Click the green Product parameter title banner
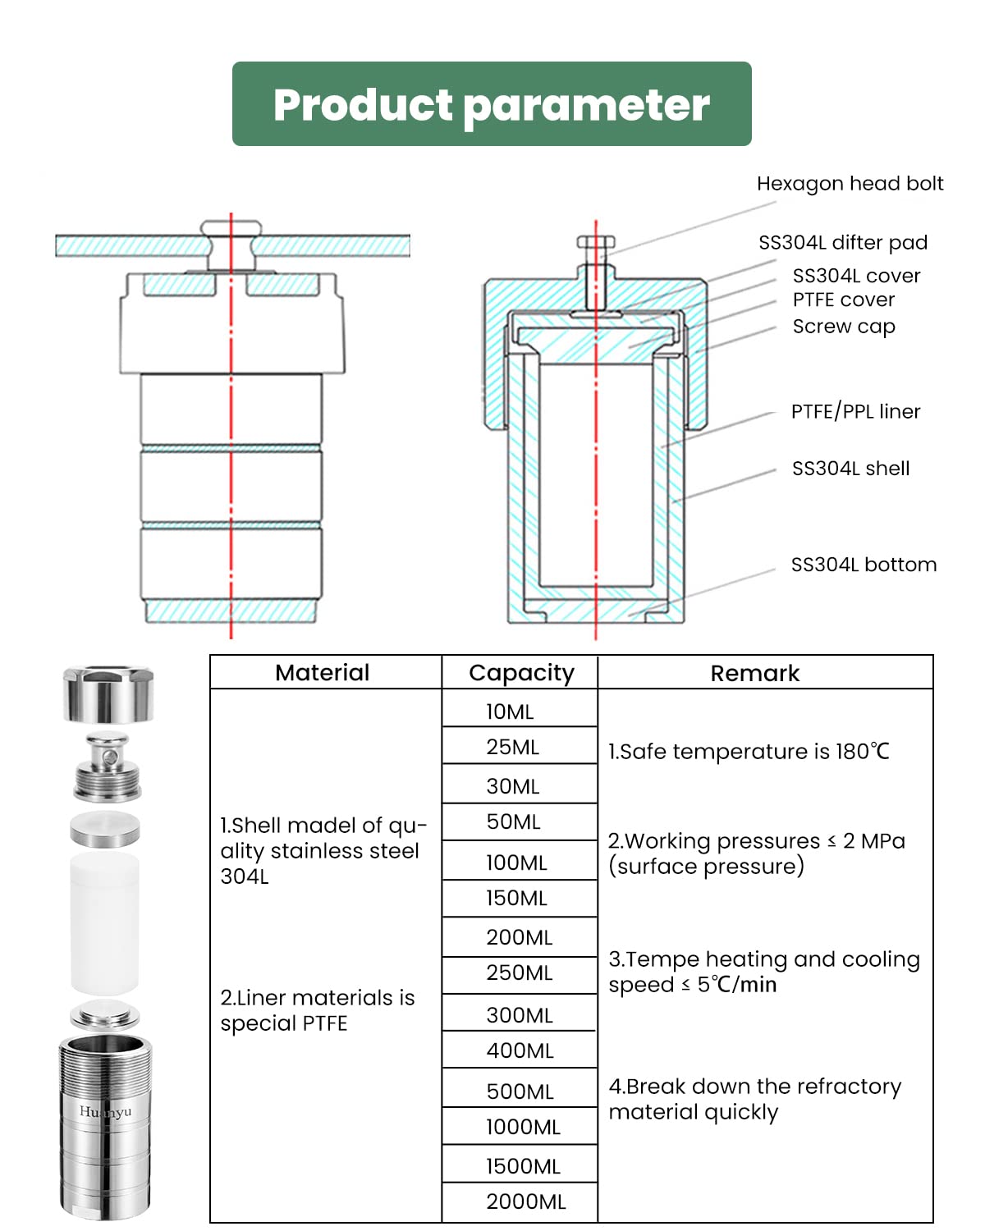click(x=492, y=104)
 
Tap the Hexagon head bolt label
click(x=850, y=183)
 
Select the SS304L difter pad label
click(x=842, y=242)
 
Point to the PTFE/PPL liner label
click(x=855, y=411)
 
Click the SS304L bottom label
click(x=863, y=565)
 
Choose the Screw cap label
click(x=843, y=327)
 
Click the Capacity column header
click(x=521, y=673)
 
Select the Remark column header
click(x=754, y=673)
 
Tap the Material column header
click(x=322, y=673)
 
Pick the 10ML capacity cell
click(x=510, y=712)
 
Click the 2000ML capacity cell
click(x=525, y=1201)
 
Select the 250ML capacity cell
click(x=519, y=973)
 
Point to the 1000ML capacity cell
click(x=523, y=1127)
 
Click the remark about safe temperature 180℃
click(x=748, y=751)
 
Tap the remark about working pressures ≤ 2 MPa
click(x=755, y=853)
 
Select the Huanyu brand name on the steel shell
click(x=105, y=1111)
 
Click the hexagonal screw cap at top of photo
click(x=108, y=693)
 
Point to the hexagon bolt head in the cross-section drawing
click(x=596, y=242)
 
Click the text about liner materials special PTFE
click(x=317, y=1010)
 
